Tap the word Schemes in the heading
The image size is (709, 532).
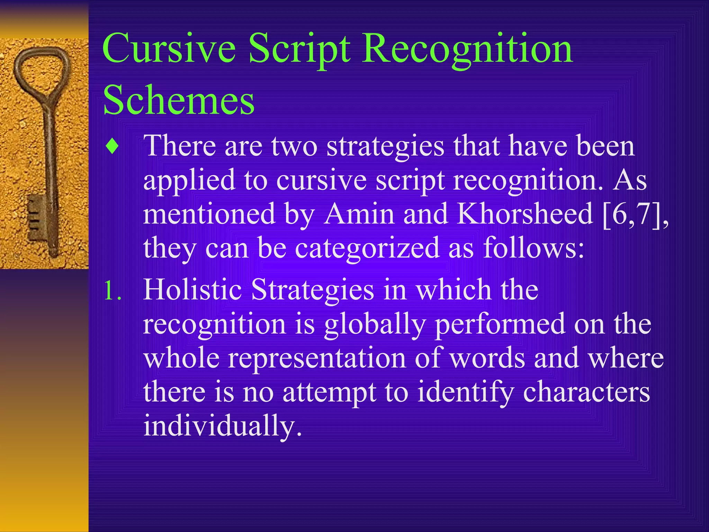[179, 100]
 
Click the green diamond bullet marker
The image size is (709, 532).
[112, 147]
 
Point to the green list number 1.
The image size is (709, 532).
[112, 290]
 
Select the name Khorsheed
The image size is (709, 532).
[525, 214]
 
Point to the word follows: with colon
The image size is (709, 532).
[533, 248]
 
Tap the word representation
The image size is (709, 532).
[317, 358]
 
